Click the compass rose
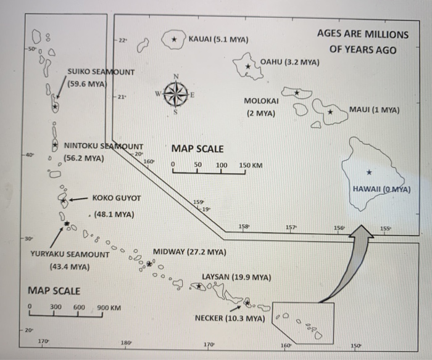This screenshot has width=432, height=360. click(x=176, y=96)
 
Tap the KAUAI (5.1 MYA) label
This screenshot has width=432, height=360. click(x=218, y=39)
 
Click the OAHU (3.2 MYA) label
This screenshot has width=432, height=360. click(x=290, y=62)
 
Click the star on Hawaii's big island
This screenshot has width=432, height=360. click(x=368, y=172)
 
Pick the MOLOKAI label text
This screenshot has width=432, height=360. click(x=261, y=100)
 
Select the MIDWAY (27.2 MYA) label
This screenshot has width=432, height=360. click(x=189, y=252)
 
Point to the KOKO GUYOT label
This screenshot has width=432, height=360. click(x=117, y=198)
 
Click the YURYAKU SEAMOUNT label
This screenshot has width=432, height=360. click(x=69, y=254)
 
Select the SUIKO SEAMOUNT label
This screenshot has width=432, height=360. click(x=101, y=72)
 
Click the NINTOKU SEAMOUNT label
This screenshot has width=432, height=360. click(x=104, y=145)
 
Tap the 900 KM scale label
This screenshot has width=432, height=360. click(x=109, y=308)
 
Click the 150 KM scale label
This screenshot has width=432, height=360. click(x=251, y=165)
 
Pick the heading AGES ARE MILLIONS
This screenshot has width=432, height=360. click(x=363, y=35)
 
